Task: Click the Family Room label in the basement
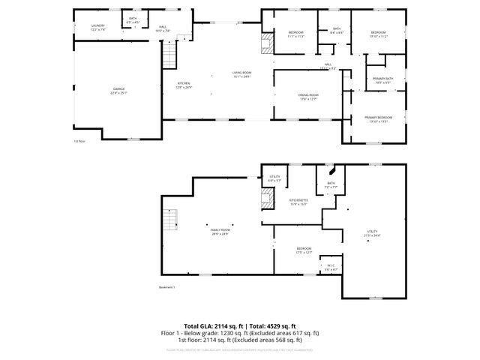220,232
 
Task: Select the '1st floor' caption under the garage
79,141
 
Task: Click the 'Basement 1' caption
166,287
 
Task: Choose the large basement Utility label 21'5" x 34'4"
372,234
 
